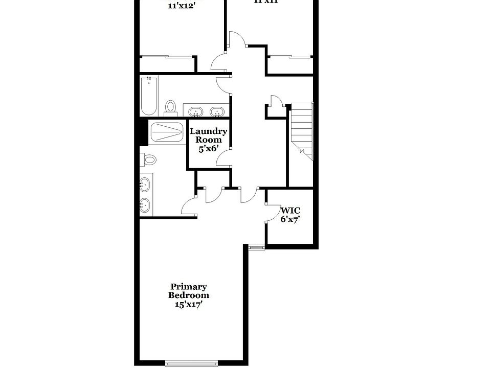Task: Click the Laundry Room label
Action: [209, 135]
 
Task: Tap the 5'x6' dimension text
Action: [209, 148]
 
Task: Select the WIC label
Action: [290, 210]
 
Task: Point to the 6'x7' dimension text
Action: [289, 219]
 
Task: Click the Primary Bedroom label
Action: [189, 291]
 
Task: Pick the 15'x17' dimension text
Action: [189, 304]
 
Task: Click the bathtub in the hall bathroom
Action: [149, 96]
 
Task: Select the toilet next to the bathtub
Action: [170, 107]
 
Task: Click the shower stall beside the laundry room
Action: [167, 132]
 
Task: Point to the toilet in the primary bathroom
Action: [149, 160]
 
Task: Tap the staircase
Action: [301, 130]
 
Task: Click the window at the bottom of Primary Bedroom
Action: [192, 363]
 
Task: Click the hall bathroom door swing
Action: [224, 85]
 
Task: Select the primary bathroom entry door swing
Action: [190, 205]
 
